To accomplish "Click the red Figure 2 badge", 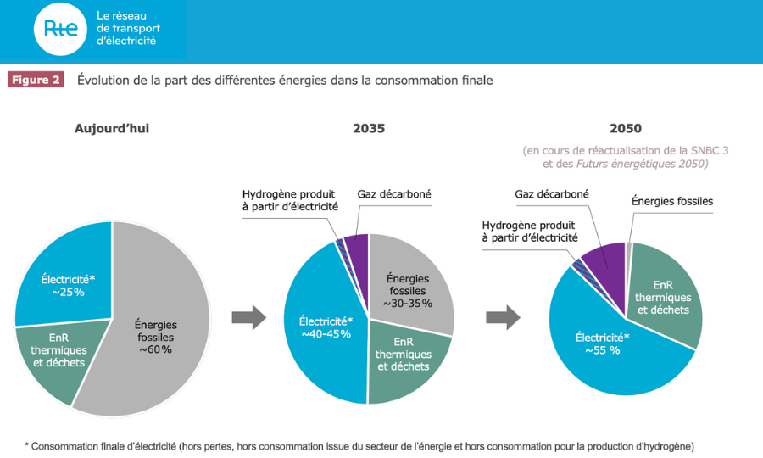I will (36, 80).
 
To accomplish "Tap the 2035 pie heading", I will (369, 129).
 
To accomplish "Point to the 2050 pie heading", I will (625, 129).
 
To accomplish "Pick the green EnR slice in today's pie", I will (55, 356).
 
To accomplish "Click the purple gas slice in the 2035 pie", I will (356, 248).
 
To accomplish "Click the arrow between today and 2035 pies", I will (248, 318).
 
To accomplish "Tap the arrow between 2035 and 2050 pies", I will (503, 318).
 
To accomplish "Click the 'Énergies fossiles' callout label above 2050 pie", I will (672, 201).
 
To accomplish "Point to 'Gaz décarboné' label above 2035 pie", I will (394, 194).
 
